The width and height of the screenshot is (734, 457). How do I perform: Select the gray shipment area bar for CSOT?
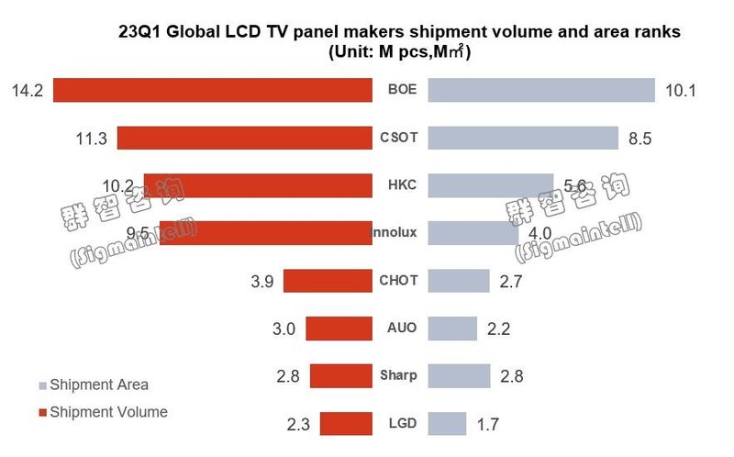(x=523, y=138)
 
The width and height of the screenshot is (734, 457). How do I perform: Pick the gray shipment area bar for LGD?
(x=448, y=424)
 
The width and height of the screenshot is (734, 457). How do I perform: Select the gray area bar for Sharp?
(x=459, y=376)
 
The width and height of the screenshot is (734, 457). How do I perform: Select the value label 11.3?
(x=91, y=139)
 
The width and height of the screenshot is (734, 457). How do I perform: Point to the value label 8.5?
(x=639, y=139)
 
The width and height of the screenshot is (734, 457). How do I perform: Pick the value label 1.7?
(x=488, y=425)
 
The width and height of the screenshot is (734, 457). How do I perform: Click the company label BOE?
(x=402, y=90)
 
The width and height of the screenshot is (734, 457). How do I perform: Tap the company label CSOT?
(x=398, y=138)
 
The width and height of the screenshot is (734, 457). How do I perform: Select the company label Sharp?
(x=398, y=375)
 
